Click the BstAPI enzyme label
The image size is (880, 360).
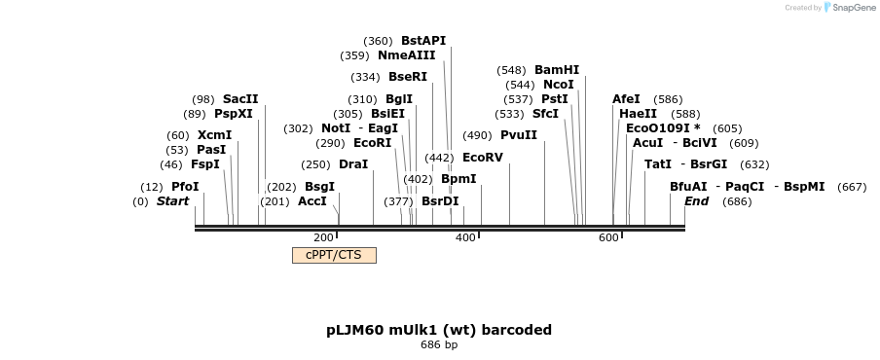[x=422, y=41]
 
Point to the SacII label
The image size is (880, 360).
[x=240, y=99]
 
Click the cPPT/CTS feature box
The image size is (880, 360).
[x=334, y=255]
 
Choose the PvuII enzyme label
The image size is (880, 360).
[x=518, y=135]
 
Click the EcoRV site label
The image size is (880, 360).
[x=482, y=157]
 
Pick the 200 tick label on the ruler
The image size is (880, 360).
[x=323, y=237]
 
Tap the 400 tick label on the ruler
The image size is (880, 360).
[x=465, y=237]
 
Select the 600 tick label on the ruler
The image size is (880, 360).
[x=608, y=237]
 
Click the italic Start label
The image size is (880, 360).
[x=172, y=201]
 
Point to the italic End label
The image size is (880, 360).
[x=696, y=201]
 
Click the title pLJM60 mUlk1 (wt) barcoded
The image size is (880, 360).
[x=439, y=330]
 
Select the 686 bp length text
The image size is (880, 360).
[x=439, y=344]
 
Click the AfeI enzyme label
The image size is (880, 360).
[x=626, y=99]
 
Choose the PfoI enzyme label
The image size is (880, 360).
[x=185, y=187]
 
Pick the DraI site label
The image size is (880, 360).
[x=352, y=164]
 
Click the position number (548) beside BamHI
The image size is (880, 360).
[x=511, y=70]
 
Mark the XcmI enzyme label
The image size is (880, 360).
[x=214, y=135]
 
